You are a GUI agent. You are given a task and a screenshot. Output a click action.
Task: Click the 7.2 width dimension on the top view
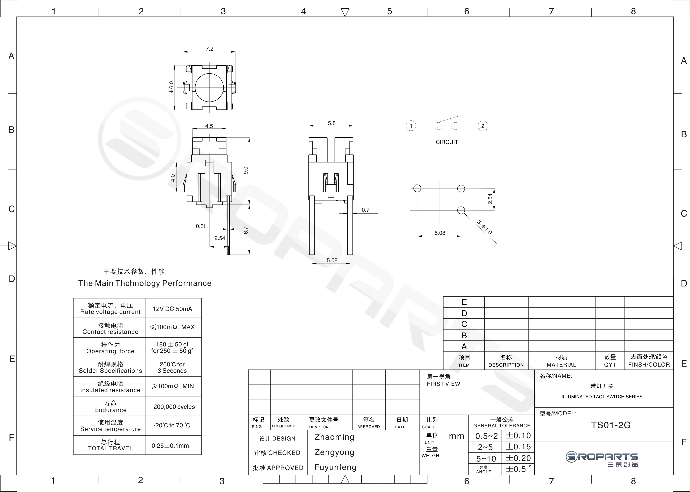click(x=209, y=49)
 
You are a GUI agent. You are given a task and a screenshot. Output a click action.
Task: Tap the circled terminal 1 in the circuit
click(x=411, y=126)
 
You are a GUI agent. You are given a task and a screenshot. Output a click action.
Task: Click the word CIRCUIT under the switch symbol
click(x=447, y=142)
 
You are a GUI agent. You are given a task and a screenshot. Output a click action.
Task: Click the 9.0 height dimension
click(x=246, y=171)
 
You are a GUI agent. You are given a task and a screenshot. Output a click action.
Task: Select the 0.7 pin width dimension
click(x=366, y=210)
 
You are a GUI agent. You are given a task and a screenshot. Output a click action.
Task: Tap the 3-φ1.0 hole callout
click(x=485, y=227)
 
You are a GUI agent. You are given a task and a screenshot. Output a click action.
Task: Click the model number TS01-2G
click(x=611, y=425)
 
